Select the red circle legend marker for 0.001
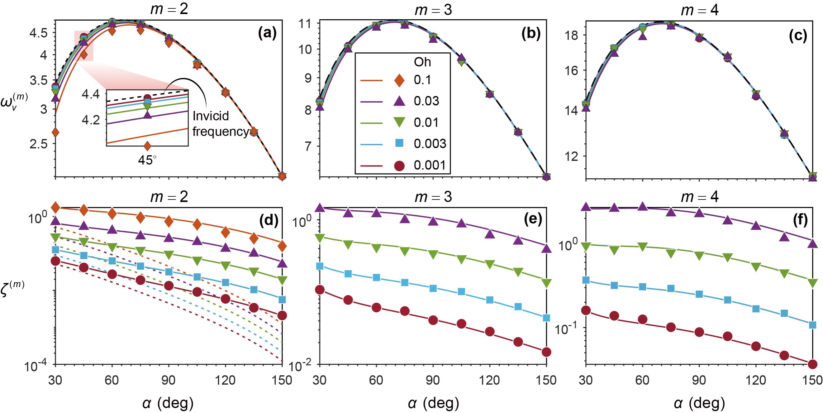[399, 165]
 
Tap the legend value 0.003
[430, 144]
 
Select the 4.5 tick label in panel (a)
[39, 34]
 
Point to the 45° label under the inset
[147, 160]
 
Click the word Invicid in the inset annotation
[211, 116]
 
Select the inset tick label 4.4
[91, 95]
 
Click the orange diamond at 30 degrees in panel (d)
[55, 208]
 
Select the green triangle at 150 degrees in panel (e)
[546, 283]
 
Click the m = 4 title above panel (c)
[699, 11]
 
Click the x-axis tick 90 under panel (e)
[433, 380]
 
